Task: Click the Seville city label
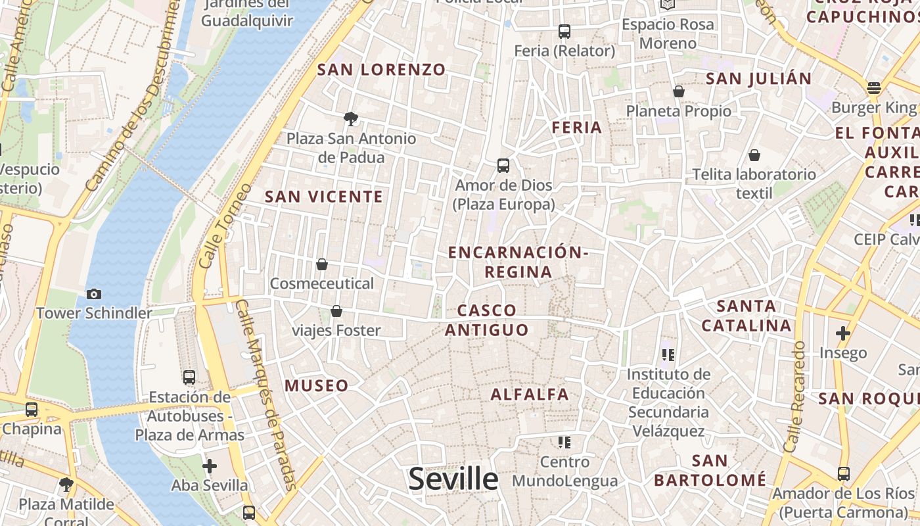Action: (453, 479)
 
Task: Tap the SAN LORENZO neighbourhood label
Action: (382, 70)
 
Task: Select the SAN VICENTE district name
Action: (323, 197)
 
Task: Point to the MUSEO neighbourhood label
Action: (317, 386)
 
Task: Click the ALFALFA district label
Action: (530, 394)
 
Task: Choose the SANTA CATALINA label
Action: (747, 316)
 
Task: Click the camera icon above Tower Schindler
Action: (93, 294)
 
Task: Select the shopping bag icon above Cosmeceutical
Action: (322, 264)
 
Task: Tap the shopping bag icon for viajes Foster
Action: (336, 311)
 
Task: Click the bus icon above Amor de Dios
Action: (503, 166)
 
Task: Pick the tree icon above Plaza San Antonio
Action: (351, 119)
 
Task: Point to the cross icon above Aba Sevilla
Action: (210, 467)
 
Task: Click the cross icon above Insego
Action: (843, 333)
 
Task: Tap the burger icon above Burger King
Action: (873, 88)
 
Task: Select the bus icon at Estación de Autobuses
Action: (189, 377)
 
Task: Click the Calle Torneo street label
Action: (224, 226)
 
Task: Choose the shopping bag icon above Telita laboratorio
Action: (754, 155)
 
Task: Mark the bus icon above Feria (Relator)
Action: (564, 31)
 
